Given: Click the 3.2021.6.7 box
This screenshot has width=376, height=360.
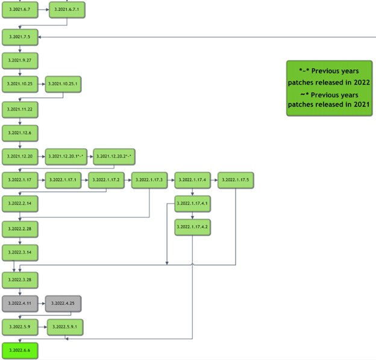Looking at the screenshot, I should (x=20, y=10).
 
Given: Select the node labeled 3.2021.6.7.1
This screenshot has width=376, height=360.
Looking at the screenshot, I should (x=66, y=10).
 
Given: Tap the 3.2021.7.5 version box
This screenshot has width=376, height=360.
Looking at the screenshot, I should (x=20, y=37).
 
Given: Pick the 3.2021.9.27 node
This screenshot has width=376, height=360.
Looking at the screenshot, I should (x=20, y=61).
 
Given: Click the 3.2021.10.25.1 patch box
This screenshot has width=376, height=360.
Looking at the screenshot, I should (x=63, y=85).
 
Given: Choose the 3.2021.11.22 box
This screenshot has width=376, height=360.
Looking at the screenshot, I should (x=20, y=109).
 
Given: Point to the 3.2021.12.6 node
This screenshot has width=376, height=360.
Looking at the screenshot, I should (x=20, y=132).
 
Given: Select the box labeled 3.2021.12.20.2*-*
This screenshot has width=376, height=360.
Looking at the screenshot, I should (x=113, y=156).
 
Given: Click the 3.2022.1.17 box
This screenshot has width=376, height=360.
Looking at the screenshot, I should (x=20, y=180).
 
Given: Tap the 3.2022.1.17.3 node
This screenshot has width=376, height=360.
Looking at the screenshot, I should (x=149, y=180).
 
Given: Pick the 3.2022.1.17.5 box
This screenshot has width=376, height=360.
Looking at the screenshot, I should (x=236, y=180).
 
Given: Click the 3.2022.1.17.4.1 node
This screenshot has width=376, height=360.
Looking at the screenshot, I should (x=192, y=203).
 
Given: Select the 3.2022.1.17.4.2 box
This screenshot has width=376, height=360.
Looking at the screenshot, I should (x=192, y=227).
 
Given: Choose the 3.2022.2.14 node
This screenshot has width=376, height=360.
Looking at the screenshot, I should (x=20, y=204).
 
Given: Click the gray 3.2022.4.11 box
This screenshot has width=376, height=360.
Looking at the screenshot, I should (x=20, y=303).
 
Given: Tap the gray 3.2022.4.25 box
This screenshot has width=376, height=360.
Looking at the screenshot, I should (x=63, y=303).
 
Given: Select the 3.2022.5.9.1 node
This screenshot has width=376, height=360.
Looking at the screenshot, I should (x=65, y=327).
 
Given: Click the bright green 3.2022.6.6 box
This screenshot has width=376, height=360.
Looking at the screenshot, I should (x=20, y=350).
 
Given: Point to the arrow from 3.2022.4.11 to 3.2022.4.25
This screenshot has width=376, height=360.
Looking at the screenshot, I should (x=42, y=303).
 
